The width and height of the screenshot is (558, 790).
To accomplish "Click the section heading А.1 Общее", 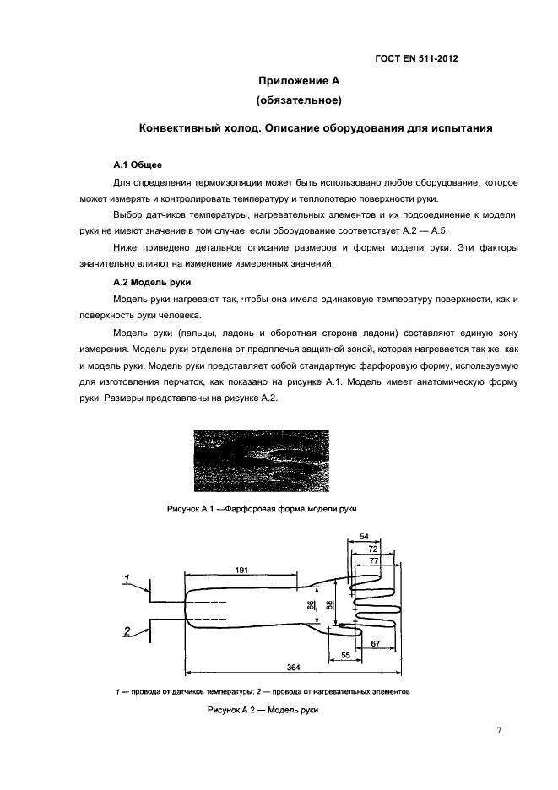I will click(138, 164).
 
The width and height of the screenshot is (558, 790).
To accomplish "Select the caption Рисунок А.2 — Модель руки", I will click(263, 712).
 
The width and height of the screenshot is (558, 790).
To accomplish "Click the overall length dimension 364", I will click(293, 667).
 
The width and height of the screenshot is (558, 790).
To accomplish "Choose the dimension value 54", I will click(365, 537).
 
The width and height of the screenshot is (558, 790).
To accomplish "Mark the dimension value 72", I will click(372, 548).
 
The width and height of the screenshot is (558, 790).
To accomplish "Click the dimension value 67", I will click(376, 643).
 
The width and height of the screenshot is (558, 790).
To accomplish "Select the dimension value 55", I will click(345, 655).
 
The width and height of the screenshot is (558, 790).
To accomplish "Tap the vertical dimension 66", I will click(311, 605).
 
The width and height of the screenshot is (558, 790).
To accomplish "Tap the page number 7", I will click(498, 731).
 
